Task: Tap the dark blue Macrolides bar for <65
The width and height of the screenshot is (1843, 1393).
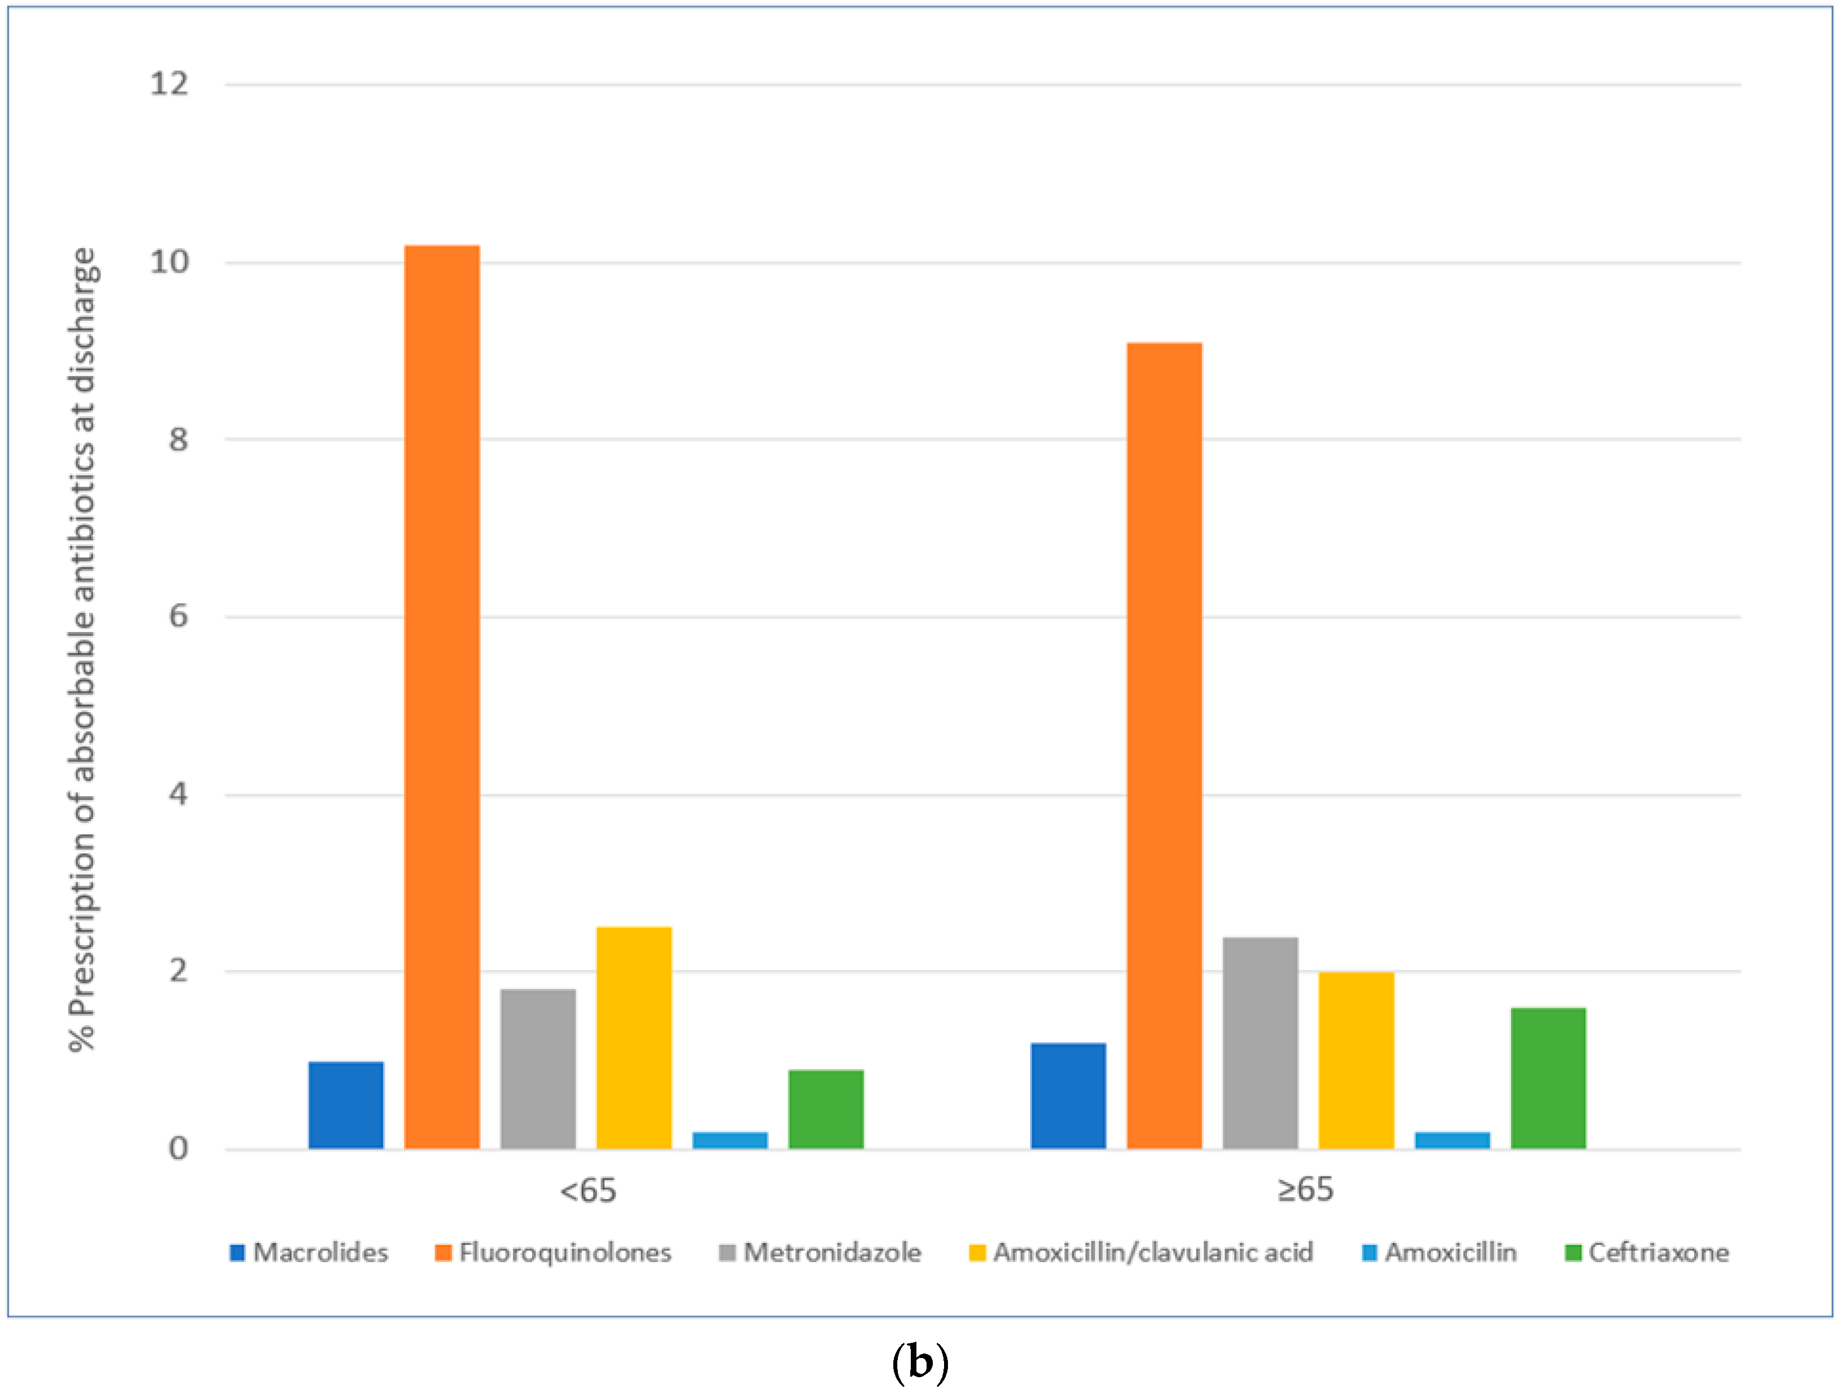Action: click(345, 1105)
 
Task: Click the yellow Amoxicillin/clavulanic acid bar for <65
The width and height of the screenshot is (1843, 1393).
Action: click(634, 1037)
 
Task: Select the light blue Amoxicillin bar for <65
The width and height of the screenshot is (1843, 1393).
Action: click(730, 1140)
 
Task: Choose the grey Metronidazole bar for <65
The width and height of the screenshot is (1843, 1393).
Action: click(538, 1069)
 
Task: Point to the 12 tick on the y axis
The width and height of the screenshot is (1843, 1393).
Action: click(169, 84)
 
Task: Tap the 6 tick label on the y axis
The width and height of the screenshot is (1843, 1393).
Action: click(178, 617)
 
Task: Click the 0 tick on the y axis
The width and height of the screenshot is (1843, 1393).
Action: click(178, 1149)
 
